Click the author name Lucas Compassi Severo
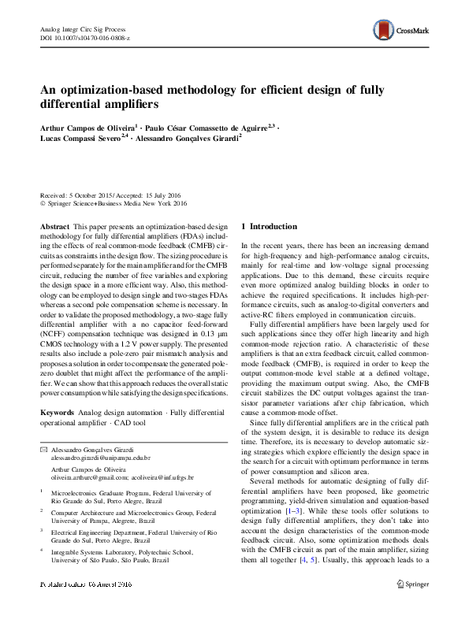pos(82,136)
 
